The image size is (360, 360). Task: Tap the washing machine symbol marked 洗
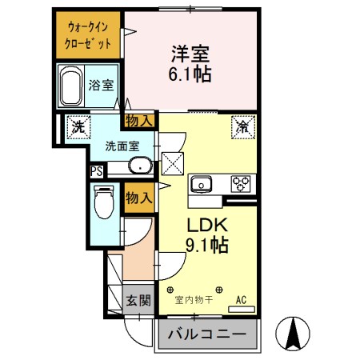[x=78, y=126]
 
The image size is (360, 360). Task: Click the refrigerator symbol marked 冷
[x=242, y=126]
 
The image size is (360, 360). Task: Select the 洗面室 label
[x=122, y=146]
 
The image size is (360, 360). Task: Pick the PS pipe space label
[x=96, y=171]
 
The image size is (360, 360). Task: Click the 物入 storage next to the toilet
[x=139, y=197]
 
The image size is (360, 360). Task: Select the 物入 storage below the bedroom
[x=139, y=121]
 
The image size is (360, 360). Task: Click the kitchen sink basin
[x=200, y=184]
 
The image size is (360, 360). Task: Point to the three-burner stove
[x=241, y=183]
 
